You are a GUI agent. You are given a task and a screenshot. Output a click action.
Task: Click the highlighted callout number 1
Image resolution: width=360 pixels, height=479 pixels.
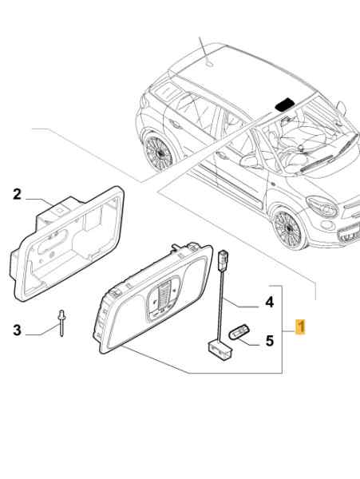coord(300,327)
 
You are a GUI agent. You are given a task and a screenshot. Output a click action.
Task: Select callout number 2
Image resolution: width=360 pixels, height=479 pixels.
coord(17,194)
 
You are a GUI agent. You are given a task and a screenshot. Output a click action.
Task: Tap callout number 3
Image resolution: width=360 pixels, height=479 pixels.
coord(17,331)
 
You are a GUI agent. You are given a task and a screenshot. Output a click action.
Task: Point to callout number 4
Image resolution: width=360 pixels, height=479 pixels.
coord(269,302)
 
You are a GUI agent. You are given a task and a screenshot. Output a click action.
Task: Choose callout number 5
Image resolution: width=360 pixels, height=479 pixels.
coord(269,341)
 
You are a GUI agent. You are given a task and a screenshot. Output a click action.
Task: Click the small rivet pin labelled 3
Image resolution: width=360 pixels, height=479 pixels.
coord(62,323)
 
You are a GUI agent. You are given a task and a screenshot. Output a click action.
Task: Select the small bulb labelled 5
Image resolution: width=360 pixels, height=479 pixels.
coord(239,332)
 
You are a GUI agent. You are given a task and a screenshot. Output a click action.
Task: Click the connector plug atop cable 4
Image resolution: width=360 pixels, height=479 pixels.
coord(223,260)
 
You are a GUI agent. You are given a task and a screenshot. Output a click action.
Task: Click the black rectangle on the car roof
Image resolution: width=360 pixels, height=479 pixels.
coord(285,104)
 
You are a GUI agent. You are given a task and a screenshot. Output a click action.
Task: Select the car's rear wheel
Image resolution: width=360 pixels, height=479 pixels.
coord(159,153)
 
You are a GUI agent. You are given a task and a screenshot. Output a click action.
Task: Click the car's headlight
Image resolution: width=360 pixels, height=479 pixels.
coord(322,206)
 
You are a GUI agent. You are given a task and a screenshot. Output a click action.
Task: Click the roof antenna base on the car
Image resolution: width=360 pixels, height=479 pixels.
coord(209,64)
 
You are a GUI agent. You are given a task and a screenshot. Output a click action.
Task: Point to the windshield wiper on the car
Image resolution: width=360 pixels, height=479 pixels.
coord(317,163)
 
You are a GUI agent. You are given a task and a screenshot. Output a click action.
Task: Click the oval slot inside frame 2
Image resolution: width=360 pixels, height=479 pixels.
coord(52,241)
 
